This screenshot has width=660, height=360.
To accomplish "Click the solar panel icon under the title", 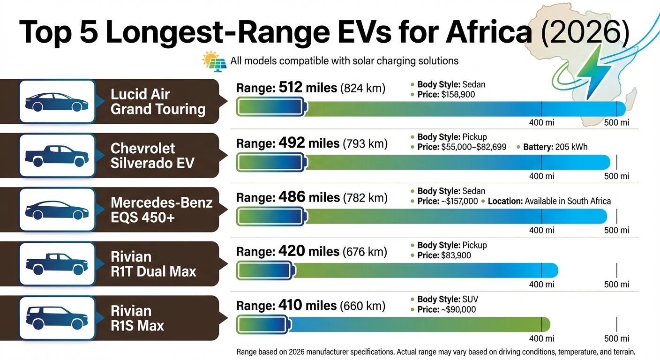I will tap(215, 61).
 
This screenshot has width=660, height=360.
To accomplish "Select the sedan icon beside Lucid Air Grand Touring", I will tap(56, 102).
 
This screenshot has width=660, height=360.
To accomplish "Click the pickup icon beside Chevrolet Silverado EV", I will tap(56, 156).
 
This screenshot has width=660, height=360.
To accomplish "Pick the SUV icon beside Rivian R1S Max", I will tap(56, 317).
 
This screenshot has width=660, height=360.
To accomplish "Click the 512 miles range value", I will tap(308, 88).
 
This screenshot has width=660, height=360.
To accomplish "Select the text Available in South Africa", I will tap(568, 201).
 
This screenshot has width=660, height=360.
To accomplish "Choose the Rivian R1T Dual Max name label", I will tap(153, 264).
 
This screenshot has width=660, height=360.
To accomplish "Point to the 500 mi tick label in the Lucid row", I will tap(616, 123).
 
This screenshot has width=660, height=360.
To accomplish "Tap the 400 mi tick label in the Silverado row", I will tap(541, 177).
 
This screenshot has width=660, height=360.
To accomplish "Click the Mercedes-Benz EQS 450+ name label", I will tap(161, 210).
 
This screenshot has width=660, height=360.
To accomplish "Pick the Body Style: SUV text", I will tap(448, 300).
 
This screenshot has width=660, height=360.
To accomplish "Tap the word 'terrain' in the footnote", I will tap(622, 352).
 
